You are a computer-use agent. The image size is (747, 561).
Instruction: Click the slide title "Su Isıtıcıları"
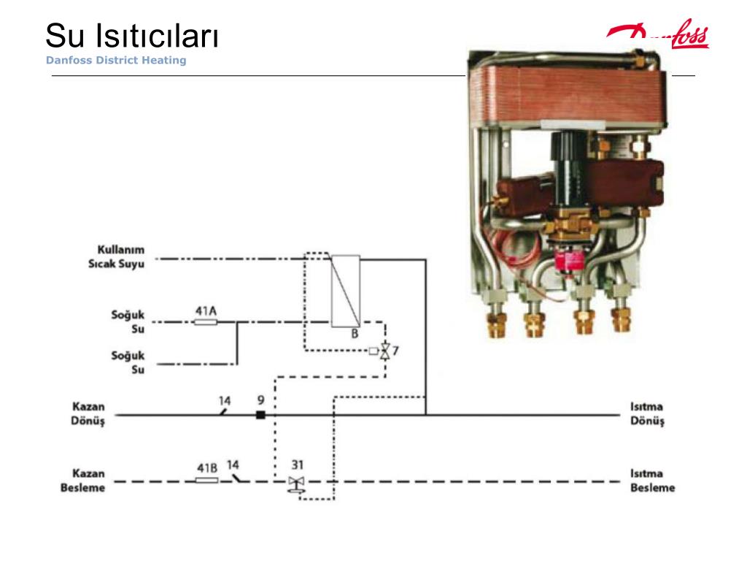coord(132,36)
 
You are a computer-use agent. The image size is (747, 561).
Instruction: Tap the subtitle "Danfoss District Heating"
coord(116,60)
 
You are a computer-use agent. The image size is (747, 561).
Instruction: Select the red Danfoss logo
coord(658,34)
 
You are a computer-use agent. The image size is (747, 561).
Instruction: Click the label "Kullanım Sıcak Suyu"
coord(116,256)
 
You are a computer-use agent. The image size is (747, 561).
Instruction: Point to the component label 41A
coord(206,311)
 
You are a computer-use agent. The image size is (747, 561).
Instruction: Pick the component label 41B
coord(207,468)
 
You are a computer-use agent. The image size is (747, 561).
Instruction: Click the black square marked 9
coord(260,415)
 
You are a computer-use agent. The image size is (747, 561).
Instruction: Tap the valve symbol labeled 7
coord(385,351)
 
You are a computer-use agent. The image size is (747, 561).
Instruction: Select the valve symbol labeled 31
coord(296,484)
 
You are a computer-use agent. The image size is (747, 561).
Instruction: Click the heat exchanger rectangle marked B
coord(346,291)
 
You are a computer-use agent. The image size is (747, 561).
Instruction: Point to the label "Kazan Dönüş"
coord(88,413)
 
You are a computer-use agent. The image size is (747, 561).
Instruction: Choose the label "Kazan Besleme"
coord(83,481)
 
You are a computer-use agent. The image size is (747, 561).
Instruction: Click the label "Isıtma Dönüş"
coord(647,413)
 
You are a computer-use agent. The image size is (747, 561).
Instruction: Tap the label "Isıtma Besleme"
coord(653,481)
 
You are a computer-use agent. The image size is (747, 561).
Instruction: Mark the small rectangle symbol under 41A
coord(206,322)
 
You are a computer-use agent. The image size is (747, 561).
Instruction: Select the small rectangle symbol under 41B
coord(207,481)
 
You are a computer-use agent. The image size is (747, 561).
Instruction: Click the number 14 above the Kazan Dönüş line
coord(225,401)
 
